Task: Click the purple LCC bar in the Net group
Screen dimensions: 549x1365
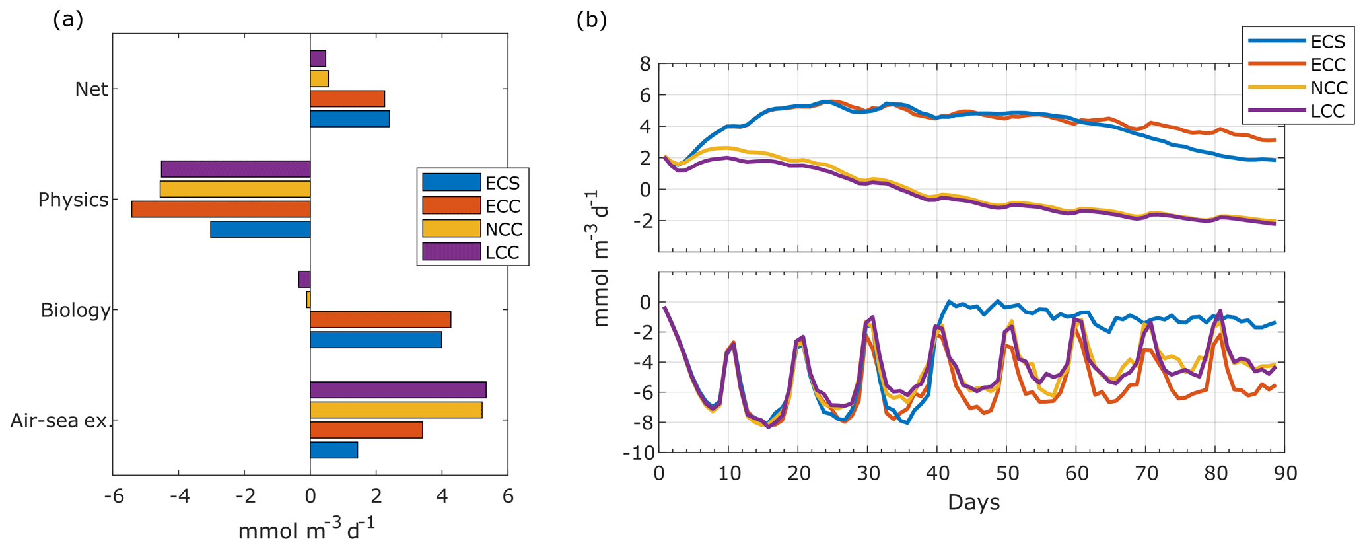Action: coord(318,59)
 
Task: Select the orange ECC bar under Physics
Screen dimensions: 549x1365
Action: coord(221,209)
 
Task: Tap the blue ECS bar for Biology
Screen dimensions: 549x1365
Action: coord(376,340)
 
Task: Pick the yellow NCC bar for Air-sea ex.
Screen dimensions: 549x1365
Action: coord(396,410)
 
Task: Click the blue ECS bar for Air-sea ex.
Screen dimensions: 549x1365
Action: coord(333,451)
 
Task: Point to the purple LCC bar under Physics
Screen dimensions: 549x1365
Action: coord(236,169)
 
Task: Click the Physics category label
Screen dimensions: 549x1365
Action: coord(73,200)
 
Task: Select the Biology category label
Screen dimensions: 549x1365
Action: coord(75,310)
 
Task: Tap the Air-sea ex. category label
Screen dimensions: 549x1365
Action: coord(61,420)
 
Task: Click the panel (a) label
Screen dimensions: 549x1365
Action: coord(68,20)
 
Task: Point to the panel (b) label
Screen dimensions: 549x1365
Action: coord(591,20)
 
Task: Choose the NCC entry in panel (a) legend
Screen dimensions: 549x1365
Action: coord(503,229)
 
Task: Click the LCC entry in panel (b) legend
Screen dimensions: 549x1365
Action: coord(1327,111)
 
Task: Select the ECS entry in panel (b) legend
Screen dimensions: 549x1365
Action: coord(1327,42)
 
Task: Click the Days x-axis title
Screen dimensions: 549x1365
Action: coord(973,503)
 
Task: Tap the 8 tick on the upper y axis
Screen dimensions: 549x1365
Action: coord(645,64)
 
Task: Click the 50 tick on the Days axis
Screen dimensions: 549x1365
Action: coord(1006,474)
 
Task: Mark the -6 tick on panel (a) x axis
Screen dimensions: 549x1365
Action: coord(114,497)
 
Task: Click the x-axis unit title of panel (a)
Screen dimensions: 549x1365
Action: coord(306,530)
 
